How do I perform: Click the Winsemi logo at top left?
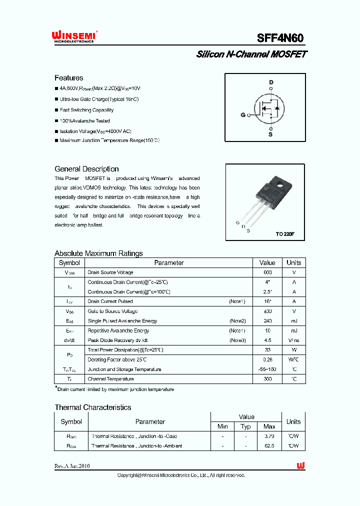point(73,36)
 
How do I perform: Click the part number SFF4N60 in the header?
point(280,38)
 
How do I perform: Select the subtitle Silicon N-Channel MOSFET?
point(251,54)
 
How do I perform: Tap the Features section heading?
point(69,78)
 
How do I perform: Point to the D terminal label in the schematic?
point(271,82)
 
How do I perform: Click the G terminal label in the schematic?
point(243,115)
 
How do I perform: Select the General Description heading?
point(86,169)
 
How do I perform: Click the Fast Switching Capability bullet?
point(86,110)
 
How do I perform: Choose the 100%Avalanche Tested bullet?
point(84,121)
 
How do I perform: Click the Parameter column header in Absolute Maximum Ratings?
point(169,263)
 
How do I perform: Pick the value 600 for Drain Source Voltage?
point(267,272)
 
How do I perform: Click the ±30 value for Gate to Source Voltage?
point(267,311)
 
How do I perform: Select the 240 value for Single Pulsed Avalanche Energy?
point(267,321)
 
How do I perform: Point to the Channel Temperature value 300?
point(267,379)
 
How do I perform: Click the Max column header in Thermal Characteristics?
point(269,426)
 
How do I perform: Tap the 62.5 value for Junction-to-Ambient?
point(269,445)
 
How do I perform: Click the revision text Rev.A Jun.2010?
point(72,466)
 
